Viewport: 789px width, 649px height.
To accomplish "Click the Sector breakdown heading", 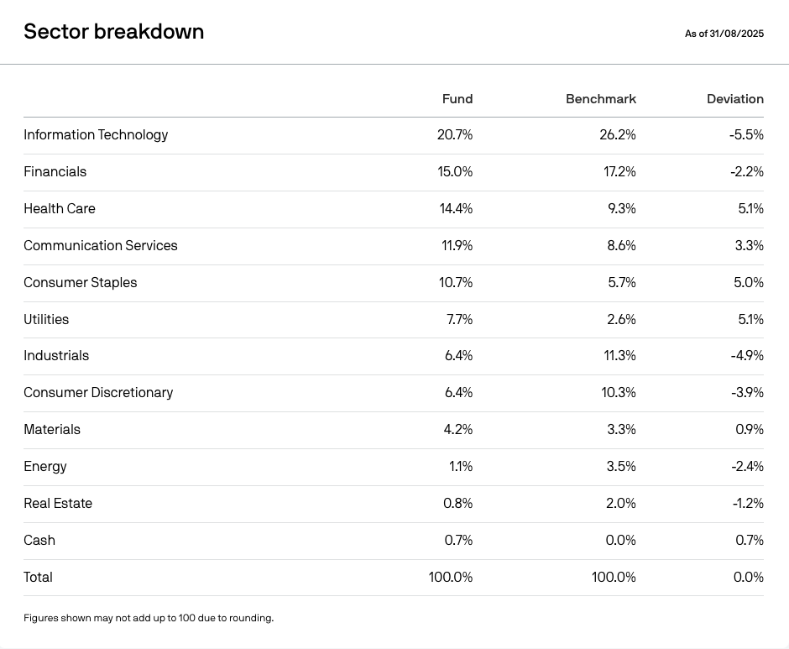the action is click(113, 31).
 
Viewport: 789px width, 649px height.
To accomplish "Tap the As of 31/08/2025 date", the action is click(724, 34).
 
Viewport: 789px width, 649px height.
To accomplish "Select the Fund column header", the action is click(457, 99).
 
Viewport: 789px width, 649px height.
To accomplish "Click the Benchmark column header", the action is click(601, 99).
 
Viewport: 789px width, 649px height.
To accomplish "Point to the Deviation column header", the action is click(735, 99).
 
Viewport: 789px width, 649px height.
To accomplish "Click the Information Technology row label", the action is click(96, 135).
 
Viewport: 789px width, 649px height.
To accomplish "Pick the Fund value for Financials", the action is click(455, 171).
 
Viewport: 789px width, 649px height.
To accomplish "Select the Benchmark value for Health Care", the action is click(621, 208).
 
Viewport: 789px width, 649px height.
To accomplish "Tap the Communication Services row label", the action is click(101, 245).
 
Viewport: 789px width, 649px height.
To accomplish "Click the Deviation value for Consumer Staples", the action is click(748, 282).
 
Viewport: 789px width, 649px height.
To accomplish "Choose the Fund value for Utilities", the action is click(459, 319).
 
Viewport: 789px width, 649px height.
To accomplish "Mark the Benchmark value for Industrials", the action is click(619, 355).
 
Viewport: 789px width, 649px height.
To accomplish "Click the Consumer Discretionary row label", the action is click(98, 393).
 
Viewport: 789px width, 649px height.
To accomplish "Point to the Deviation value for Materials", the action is click(750, 430).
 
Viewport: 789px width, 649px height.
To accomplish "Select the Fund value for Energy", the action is click(461, 466).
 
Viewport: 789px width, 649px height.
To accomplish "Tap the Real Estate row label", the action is click(58, 503).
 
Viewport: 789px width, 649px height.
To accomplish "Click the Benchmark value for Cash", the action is click(620, 540).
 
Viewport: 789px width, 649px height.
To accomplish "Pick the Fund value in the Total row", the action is click(451, 577).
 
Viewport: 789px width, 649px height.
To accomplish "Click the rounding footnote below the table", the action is click(149, 618).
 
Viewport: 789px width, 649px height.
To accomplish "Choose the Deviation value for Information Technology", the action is click(746, 135).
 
